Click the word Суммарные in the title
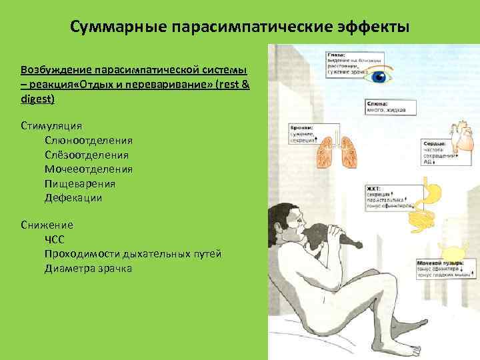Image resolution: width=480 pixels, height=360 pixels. point(118,27)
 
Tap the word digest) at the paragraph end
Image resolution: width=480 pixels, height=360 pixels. point(37,99)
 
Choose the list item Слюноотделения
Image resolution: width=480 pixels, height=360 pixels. point(88,140)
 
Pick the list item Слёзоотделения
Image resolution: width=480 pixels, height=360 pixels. point(88,155)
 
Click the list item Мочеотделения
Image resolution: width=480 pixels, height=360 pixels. point(88,169)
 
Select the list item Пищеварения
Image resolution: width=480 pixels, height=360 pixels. point(79,184)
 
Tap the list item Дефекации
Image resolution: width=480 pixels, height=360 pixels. point(73,199)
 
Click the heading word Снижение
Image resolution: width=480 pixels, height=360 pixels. point(47,225)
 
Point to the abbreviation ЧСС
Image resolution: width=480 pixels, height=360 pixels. point(56,239)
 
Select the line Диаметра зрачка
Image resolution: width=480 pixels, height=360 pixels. point(88,269)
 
